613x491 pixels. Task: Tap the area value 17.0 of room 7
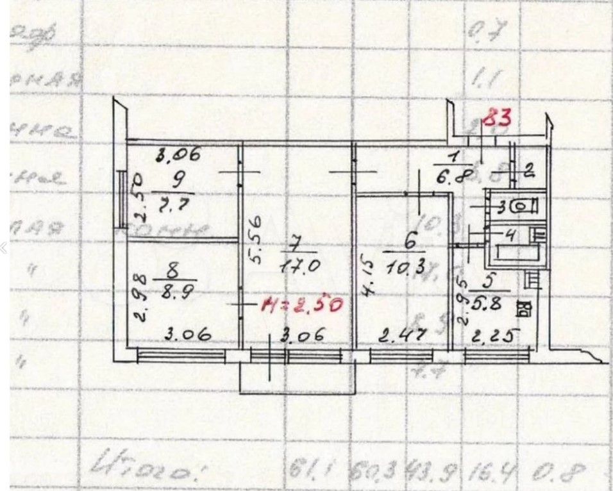click(295, 265)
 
